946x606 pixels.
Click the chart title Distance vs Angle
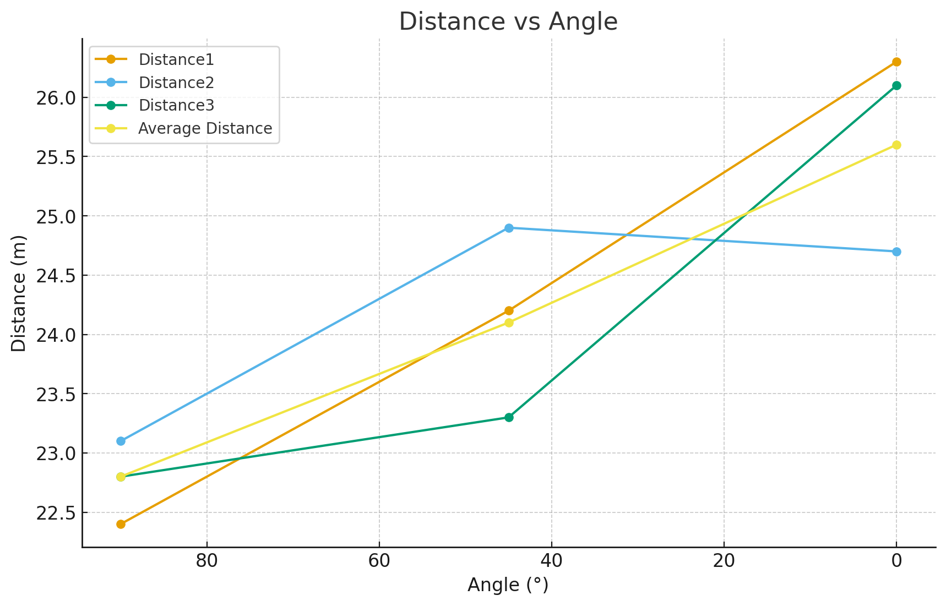(x=508, y=22)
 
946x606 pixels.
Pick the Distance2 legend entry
(x=176, y=83)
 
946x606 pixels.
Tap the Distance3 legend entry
(x=176, y=105)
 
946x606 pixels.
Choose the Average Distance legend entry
(x=205, y=128)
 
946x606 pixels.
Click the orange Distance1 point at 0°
(x=896, y=62)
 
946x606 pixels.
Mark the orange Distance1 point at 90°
(x=121, y=524)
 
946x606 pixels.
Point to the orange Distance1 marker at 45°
(x=509, y=310)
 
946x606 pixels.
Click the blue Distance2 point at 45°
(x=509, y=228)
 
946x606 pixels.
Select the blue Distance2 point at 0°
(x=896, y=252)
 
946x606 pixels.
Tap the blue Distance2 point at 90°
(x=121, y=441)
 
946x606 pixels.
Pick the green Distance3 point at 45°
(x=509, y=417)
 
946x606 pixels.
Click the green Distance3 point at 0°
(x=896, y=85)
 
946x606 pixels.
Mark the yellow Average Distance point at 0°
(x=896, y=145)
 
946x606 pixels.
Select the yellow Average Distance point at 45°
(x=509, y=323)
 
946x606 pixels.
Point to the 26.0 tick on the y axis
(x=55, y=98)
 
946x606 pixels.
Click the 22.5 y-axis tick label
(x=55, y=513)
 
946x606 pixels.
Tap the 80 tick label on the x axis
(x=206, y=561)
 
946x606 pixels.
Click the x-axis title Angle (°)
(x=508, y=585)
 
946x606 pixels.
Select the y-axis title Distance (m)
(x=19, y=293)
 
